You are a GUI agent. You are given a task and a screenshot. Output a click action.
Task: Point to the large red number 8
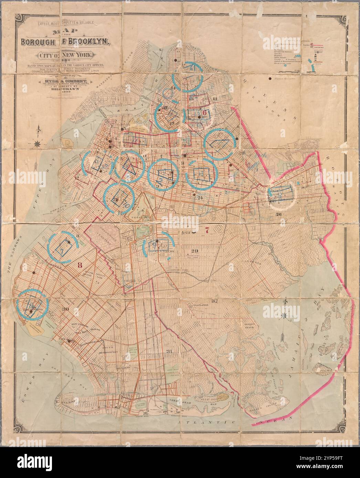click(80, 265)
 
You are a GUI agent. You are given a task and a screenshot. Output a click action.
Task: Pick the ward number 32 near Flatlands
click(215, 302)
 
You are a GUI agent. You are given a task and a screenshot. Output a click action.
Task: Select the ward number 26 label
click(278, 214)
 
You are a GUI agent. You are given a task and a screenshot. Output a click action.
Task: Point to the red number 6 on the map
click(204, 112)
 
